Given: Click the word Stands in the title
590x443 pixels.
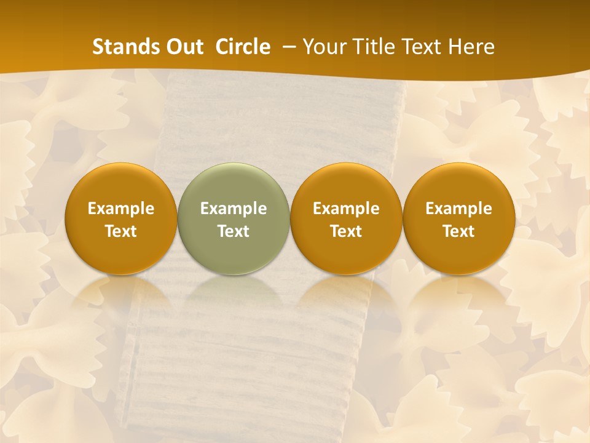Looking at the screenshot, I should (x=120, y=47).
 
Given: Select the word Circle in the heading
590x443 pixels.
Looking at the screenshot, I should (x=243, y=47).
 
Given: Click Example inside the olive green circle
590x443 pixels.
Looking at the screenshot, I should (x=234, y=209).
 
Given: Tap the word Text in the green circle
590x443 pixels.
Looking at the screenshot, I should (x=234, y=231).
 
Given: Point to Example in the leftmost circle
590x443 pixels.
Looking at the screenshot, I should (x=120, y=209).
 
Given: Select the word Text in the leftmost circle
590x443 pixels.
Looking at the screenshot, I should (x=120, y=231).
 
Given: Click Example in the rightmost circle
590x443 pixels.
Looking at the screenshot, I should (x=458, y=209).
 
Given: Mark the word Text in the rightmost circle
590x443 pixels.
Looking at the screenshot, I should (x=458, y=231).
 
